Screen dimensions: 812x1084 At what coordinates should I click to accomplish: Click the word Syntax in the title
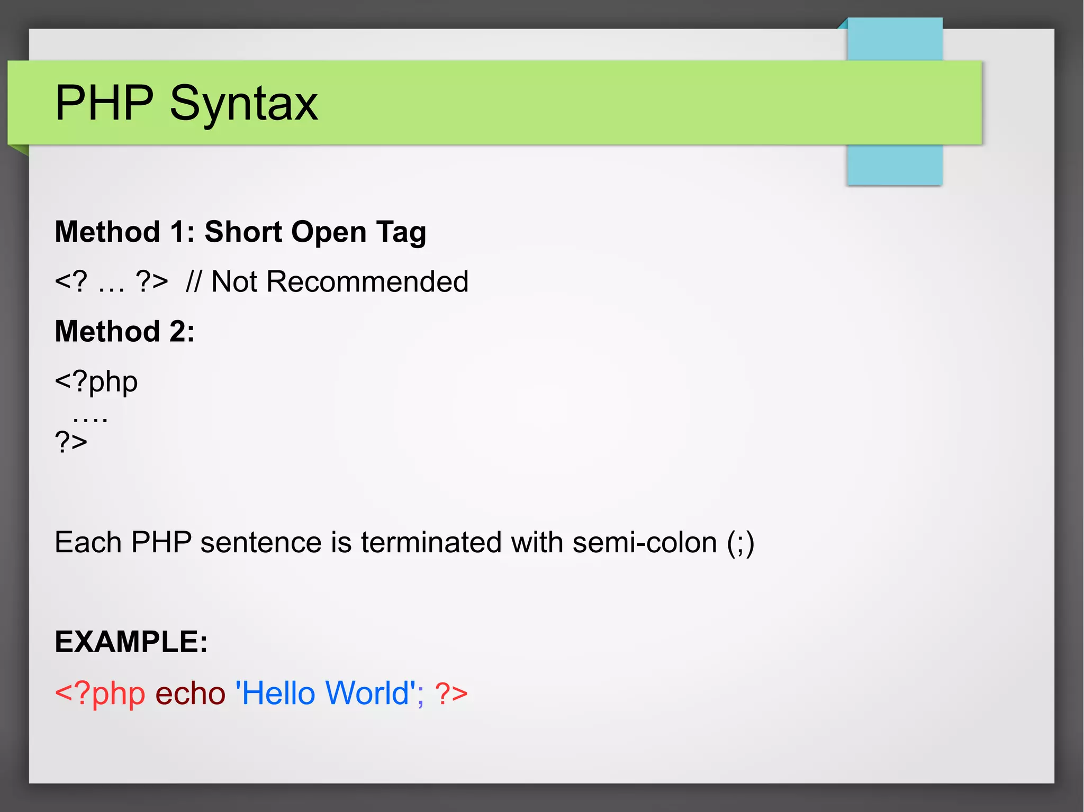pyautogui.click(x=243, y=104)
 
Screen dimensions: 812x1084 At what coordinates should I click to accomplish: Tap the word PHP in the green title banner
pyautogui.click(x=104, y=103)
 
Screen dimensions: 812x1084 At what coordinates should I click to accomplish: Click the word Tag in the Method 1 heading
pyautogui.click(x=401, y=233)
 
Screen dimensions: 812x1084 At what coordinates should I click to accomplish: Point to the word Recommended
pyautogui.click(x=367, y=281)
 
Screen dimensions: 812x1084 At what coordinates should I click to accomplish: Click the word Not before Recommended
pyautogui.click(x=234, y=281)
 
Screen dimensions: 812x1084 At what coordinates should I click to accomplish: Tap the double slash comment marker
pyautogui.click(x=194, y=281)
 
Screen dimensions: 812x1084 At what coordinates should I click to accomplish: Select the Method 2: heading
pyautogui.click(x=125, y=332)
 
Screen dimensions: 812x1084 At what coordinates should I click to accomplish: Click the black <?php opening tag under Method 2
pyautogui.click(x=96, y=382)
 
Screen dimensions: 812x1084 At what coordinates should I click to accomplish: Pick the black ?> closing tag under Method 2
pyautogui.click(x=71, y=441)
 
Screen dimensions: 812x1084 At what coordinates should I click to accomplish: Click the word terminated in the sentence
pyautogui.click(x=431, y=543)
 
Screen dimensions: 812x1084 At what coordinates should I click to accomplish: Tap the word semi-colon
pyautogui.click(x=645, y=543)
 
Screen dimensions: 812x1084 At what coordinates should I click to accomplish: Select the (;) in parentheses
pyautogui.click(x=740, y=543)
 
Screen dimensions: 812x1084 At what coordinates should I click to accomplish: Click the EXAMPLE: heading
pyautogui.click(x=131, y=642)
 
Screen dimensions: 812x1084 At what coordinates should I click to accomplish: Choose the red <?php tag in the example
pyautogui.click(x=100, y=694)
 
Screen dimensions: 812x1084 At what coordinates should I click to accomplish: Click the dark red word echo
pyautogui.click(x=190, y=694)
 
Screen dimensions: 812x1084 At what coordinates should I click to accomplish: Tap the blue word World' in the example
pyautogui.click(x=370, y=693)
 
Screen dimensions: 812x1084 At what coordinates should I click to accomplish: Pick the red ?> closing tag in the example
pyautogui.click(x=451, y=694)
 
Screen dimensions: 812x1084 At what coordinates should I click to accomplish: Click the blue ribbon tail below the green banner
pyautogui.click(x=895, y=165)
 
